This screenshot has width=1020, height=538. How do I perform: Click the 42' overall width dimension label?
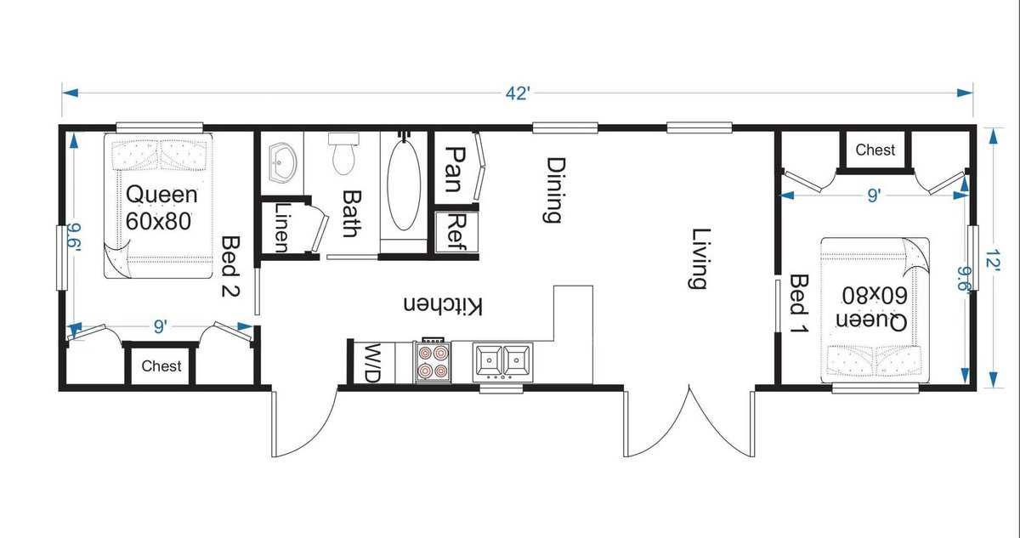[x=518, y=93]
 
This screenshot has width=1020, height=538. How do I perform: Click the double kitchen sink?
[x=503, y=360]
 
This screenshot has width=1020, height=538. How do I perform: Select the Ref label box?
[x=456, y=232]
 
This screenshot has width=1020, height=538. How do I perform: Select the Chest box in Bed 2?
[x=161, y=366]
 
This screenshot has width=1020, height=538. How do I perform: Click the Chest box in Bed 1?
[x=875, y=150]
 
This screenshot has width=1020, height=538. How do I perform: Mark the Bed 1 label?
[x=800, y=303]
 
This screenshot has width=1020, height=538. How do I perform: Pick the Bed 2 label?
[x=230, y=267]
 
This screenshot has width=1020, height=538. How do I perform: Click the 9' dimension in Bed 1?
[x=873, y=195]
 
